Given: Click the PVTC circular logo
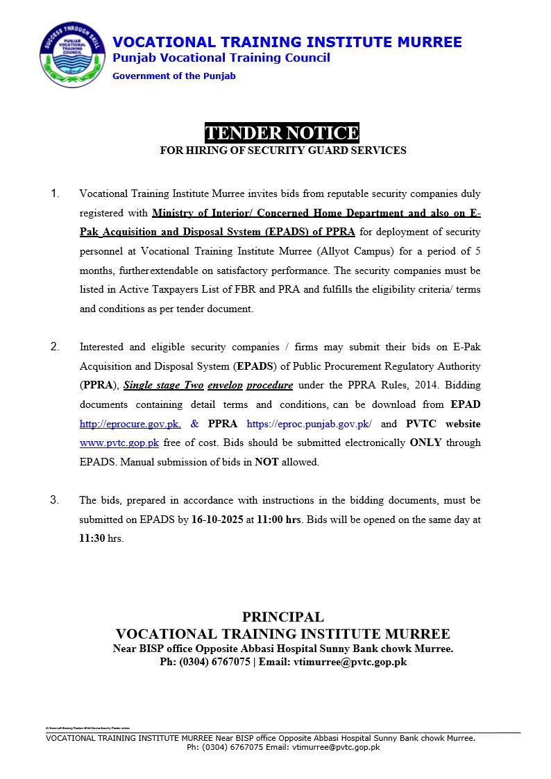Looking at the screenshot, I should click(72, 55).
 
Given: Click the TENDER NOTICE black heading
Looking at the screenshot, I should click(282, 133).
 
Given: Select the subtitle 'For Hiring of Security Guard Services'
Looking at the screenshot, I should click(282, 151).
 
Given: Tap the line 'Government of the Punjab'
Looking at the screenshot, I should click(174, 76).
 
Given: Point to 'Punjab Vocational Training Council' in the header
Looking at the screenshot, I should click(221, 58).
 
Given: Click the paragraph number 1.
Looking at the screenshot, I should click(56, 194).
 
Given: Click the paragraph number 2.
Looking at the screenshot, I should click(56, 347).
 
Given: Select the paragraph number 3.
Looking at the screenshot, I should click(56, 500).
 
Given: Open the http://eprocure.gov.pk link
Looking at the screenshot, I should click(130, 424).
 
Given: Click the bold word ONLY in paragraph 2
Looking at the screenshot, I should click(425, 443).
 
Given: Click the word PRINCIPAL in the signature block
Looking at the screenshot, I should click(282, 617).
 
